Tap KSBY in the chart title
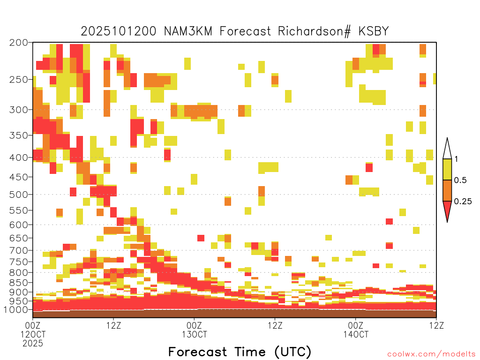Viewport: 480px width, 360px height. tap(374, 31)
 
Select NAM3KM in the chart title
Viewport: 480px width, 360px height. tap(188, 31)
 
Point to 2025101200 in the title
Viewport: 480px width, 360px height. tap(119, 31)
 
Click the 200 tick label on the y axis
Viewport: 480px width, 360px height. tap(18, 43)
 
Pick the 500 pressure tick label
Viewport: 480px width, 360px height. tap(18, 195)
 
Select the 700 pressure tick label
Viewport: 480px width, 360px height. tap(18, 250)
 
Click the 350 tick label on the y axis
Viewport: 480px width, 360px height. tap(18, 135)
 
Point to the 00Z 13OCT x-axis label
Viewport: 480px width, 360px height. tap(195, 330)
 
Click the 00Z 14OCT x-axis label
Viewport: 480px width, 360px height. tap(356, 330)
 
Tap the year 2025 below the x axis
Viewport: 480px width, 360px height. tap(33, 344)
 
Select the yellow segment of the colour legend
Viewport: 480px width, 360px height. tap(447, 169)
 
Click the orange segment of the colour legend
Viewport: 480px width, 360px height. tap(447, 190)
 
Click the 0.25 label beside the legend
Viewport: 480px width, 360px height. tap(463, 201)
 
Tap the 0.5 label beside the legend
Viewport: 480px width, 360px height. tap(460, 180)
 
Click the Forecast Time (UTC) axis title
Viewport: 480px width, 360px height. tap(240, 352)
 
